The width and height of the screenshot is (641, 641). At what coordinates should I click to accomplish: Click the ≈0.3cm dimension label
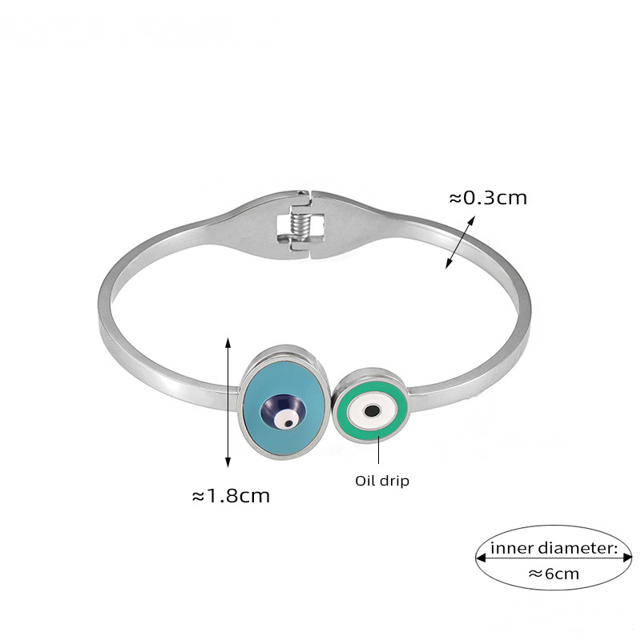point(488,198)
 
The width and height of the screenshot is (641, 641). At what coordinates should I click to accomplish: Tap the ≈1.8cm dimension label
point(231,496)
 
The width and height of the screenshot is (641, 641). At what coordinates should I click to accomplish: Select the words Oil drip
point(382,481)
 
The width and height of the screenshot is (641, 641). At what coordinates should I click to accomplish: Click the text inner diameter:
point(554,548)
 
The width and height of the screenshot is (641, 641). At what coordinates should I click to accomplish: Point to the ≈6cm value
point(554,574)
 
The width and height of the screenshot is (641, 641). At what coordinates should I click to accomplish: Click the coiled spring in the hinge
point(301,228)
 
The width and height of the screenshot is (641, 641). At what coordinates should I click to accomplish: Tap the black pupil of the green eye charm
point(372,410)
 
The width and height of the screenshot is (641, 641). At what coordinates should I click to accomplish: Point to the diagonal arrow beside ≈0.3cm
point(460,243)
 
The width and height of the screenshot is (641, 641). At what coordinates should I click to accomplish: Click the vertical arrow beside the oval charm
point(228,402)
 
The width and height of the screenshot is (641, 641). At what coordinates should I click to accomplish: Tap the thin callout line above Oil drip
point(378,450)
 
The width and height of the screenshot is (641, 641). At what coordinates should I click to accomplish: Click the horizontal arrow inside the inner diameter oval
point(554,558)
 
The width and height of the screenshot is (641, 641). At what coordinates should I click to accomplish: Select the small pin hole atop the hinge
point(302,191)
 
